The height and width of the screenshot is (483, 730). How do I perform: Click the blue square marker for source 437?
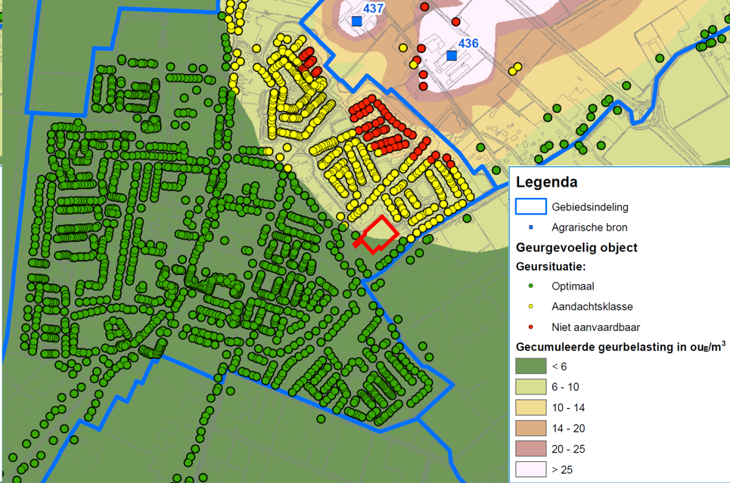tap(356, 21)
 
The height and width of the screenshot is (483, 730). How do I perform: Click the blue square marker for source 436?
tap(452, 56)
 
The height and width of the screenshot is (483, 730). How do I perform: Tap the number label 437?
tap(374, 8)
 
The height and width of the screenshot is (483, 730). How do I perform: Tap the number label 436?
tap(468, 43)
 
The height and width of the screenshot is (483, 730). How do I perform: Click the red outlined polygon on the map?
tap(376, 234)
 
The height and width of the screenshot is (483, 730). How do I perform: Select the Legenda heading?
tap(546, 182)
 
